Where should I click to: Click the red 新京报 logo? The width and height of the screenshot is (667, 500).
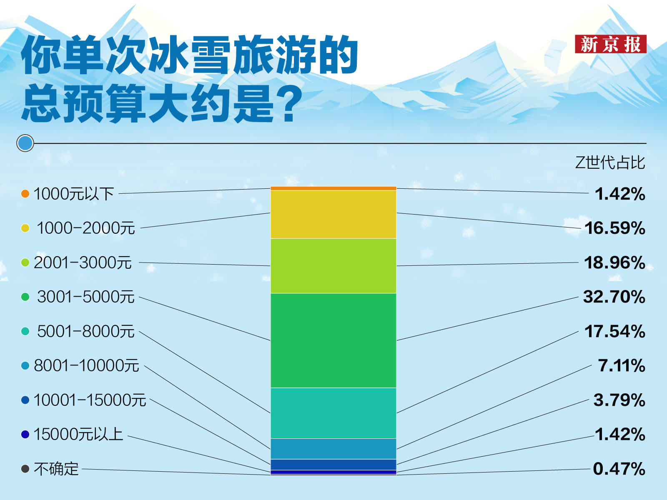pyautogui.click(x=610, y=44)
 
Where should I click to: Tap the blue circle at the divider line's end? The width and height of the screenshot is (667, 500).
pyautogui.click(x=25, y=143)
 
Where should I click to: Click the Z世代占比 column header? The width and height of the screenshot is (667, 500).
pyautogui.click(x=610, y=163)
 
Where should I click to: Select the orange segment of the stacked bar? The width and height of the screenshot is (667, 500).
pyautogui.click(x=333, y=188)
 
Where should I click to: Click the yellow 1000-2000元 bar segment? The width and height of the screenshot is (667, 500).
pyautogui.click(x=333, y=214)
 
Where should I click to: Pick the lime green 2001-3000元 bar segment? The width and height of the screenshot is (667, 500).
pyautogui.click(x=333, y=266)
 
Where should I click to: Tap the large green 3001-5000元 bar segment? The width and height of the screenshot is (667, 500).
pyautogui.click(x=333, y=340)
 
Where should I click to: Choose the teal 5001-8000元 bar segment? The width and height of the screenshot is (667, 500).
pyautogui.click(x=333, y=413)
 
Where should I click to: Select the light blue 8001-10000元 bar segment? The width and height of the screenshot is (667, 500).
pyautogui.click(x=333, y=449)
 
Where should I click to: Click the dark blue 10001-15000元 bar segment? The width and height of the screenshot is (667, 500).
pyautogui.click(x=333, y=465)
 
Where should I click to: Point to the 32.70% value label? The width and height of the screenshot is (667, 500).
pyautogui.click(x=614, y=297)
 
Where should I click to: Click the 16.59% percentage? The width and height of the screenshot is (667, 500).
pyautogui.click(x=615, y=228)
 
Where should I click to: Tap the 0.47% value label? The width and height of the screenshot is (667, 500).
pyautogui.click(x=619, y=469)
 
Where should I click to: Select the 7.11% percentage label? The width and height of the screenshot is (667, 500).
pyautogui.click(x=622, y=365)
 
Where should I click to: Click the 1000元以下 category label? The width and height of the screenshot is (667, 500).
pyautogui.click(x=74, y=194)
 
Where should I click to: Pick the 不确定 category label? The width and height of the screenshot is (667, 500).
pyautogui.click(x=56, y=469)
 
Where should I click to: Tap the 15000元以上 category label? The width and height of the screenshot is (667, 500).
pyautogui.click(x=78, y=434)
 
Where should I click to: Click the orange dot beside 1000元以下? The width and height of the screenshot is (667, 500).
pyautogui.click(x=25, y=194)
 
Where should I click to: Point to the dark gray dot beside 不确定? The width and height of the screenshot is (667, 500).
pyautogui.click(x=25, y=469)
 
